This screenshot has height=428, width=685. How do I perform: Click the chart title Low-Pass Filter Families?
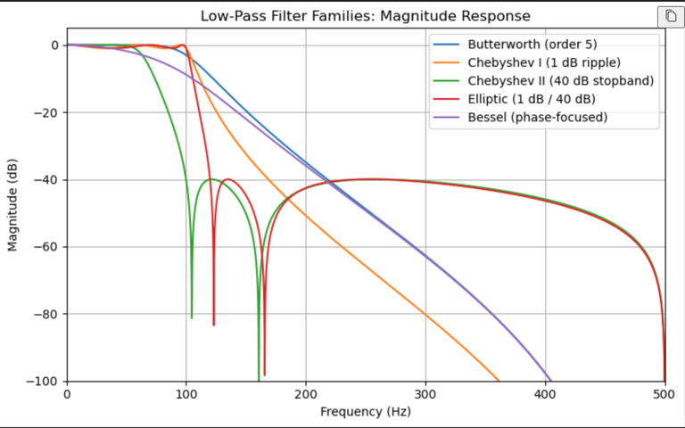[365, 16]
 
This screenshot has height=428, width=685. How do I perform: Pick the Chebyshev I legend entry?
[543, 63]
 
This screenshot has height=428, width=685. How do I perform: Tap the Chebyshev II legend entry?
[560, 81]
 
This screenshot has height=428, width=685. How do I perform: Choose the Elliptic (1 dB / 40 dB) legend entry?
[531, 99]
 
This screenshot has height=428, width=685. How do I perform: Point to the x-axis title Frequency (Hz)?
[366, 412]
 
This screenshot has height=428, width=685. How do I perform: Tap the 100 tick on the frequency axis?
[186, 394]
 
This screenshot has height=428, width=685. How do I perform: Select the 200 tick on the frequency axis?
[306, 394]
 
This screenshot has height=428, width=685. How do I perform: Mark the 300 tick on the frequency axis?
[425, 394]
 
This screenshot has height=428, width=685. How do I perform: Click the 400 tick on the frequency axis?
[545, 394]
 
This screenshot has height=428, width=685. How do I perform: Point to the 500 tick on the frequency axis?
[664, 394]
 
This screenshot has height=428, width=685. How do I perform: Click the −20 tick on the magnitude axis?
[44, 112]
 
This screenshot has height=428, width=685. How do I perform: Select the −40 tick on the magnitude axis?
[44, 180]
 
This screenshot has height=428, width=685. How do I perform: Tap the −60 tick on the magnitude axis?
[44, 247]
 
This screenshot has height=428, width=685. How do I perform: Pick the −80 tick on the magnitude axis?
[44, 315]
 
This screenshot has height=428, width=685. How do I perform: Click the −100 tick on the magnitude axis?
[41, 382]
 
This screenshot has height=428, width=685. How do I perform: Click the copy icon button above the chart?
[669, 16]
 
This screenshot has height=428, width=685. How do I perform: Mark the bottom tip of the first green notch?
[192, 317]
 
